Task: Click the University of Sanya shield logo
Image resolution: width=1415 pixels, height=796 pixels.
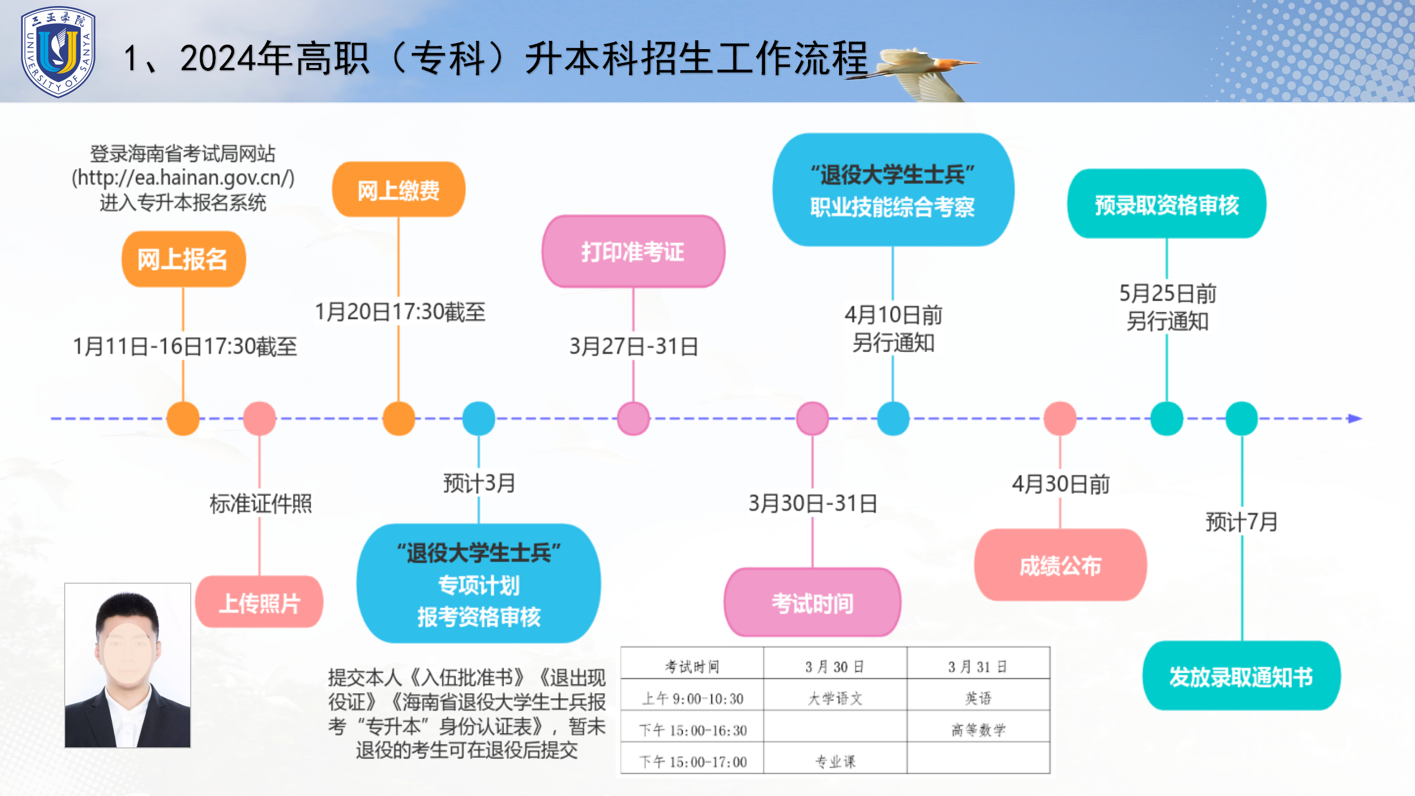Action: coord(58,52)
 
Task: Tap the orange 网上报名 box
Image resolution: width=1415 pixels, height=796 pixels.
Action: coord(184,259)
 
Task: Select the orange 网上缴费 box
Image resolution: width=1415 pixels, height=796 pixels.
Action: coord(399,190)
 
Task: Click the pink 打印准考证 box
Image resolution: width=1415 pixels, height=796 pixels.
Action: coord(633,252)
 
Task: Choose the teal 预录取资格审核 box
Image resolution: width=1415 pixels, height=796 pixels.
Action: coord(1167,204)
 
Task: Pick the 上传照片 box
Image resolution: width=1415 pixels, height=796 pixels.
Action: coord(259,602)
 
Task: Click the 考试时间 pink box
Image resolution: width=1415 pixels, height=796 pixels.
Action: coord(813,603)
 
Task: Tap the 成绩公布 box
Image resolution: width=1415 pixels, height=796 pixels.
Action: coord(1060,565)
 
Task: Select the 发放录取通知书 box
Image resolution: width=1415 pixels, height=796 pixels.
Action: coord(1241,676)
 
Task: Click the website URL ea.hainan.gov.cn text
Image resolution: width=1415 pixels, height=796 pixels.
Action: coord(183,177)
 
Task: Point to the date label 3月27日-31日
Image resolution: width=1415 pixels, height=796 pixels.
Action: coord(633,347)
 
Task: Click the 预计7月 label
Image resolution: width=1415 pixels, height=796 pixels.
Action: coord(1241,521)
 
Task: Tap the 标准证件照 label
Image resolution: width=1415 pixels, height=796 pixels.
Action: coord(260,503)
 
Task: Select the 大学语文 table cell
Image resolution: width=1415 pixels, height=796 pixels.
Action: coord(835,698)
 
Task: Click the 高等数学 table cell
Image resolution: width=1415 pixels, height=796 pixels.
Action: coord(978,730)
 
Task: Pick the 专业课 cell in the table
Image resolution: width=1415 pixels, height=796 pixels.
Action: coord(835,762)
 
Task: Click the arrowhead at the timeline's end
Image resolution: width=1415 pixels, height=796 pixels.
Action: coord(1355,418)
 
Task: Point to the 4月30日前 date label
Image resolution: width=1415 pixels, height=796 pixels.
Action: coord(1061,484)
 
